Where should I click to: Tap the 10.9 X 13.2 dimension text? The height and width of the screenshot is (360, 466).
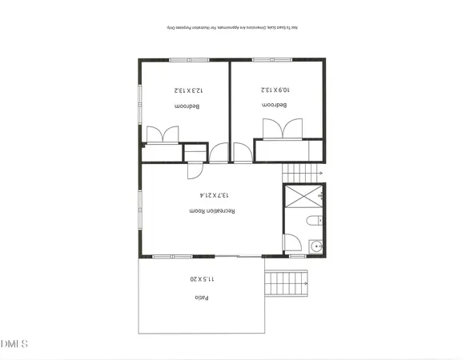273,90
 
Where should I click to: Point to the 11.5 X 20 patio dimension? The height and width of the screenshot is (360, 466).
202,279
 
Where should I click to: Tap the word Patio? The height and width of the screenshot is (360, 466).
200,298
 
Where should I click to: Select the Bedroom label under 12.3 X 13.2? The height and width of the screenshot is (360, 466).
187,106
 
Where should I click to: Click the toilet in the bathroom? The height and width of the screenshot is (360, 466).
313,220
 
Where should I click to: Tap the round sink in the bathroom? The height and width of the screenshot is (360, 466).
315,246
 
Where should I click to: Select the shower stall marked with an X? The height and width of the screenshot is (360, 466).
303,197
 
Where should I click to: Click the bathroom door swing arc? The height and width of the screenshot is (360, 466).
293,242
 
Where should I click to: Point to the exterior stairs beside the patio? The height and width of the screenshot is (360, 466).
287,282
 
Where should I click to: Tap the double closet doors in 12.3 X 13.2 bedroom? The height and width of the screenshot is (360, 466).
163,133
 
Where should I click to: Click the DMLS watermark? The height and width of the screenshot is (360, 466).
14,344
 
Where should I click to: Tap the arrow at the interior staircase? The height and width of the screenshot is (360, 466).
319,173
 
